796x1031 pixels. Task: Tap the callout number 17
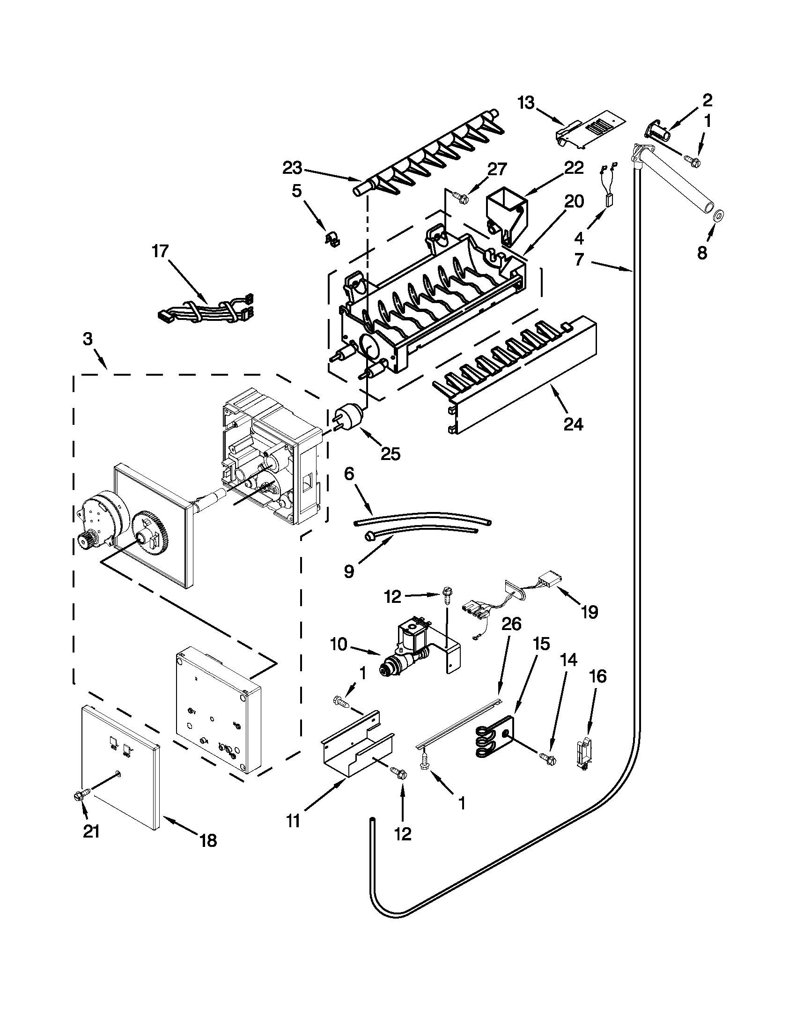pyautogui.click(x=160, y=251)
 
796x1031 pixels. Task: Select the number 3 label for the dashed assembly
pyautogui.click(x=88, y=339)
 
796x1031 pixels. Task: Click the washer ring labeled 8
pyautogui.click(x=718, y=216)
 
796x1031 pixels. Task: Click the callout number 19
pyautogui.click(x=590, y=612)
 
